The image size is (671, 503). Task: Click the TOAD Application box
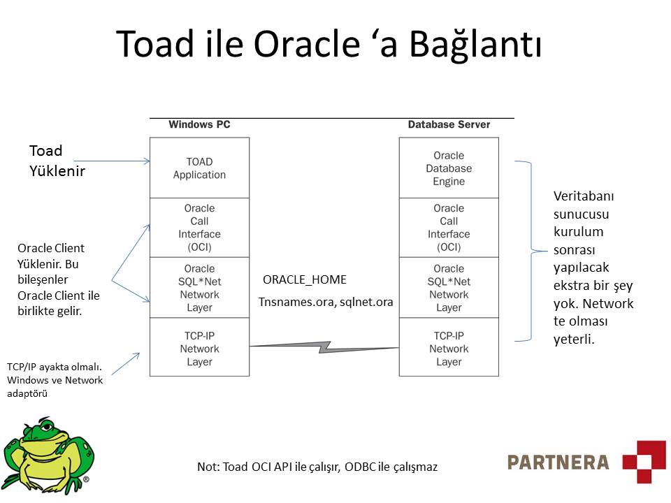(x=199, y=168)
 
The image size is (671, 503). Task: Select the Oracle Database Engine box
(x=449, y=168)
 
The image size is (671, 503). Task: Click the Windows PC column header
(x=199, y=124)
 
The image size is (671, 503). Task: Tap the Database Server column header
(x=449, y=124)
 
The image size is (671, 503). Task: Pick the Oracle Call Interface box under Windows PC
(x=199, y=228)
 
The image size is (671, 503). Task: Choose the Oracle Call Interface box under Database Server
(x=449, y=228)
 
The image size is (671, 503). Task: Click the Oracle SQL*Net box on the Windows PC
(x=199, y=288)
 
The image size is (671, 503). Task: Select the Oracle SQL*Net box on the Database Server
(x=449, y=288)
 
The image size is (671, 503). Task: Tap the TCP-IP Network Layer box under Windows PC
(x=199, y=348)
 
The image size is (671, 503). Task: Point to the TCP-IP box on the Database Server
(x=449, y=348)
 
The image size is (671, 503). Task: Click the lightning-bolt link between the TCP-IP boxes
(x=324, y=346)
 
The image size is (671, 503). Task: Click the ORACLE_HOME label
(x=304, y=280)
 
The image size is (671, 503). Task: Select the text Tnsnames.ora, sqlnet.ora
(x=326, y=302)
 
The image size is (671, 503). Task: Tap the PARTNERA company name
(x=558, y=462)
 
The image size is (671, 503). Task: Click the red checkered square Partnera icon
(x=644, y=461)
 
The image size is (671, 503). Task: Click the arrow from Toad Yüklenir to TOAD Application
(x=112, y=161)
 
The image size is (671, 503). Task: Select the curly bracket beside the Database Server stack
(x=533, y=251)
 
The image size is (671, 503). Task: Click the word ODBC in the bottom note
(x=359, y=467)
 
